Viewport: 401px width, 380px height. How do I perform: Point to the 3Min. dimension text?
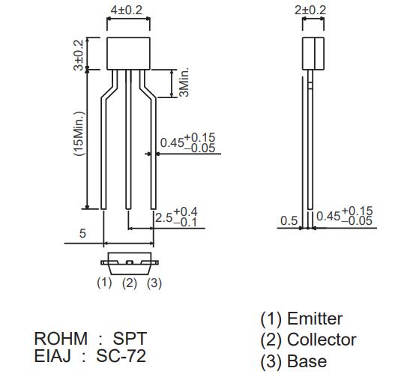(184, 83)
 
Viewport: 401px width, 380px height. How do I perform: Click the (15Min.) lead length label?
(79, 134)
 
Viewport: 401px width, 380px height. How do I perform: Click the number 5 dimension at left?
(82, 233)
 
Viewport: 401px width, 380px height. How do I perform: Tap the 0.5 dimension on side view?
(289, 220)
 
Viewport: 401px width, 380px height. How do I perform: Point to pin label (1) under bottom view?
(104, 283)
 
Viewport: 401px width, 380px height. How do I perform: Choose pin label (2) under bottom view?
(129, 283)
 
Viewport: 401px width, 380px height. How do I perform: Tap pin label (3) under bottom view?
(154, 283)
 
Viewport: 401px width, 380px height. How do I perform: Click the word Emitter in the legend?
(314, 319)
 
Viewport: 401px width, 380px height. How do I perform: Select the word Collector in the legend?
(322, 340)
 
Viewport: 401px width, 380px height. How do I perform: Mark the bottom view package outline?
(129, 263)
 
